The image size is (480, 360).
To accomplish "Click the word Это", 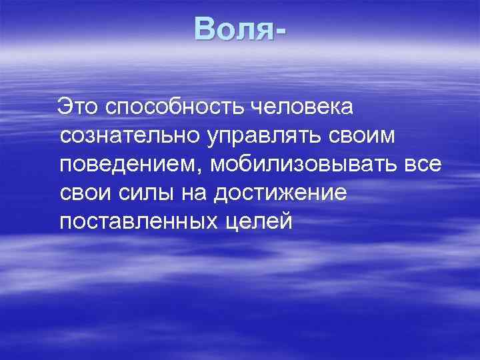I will point(78,106).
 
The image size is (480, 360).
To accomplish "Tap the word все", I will point(421,165).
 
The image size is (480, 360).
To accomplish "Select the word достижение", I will point(280,194).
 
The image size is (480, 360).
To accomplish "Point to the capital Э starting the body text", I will point(63,106).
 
